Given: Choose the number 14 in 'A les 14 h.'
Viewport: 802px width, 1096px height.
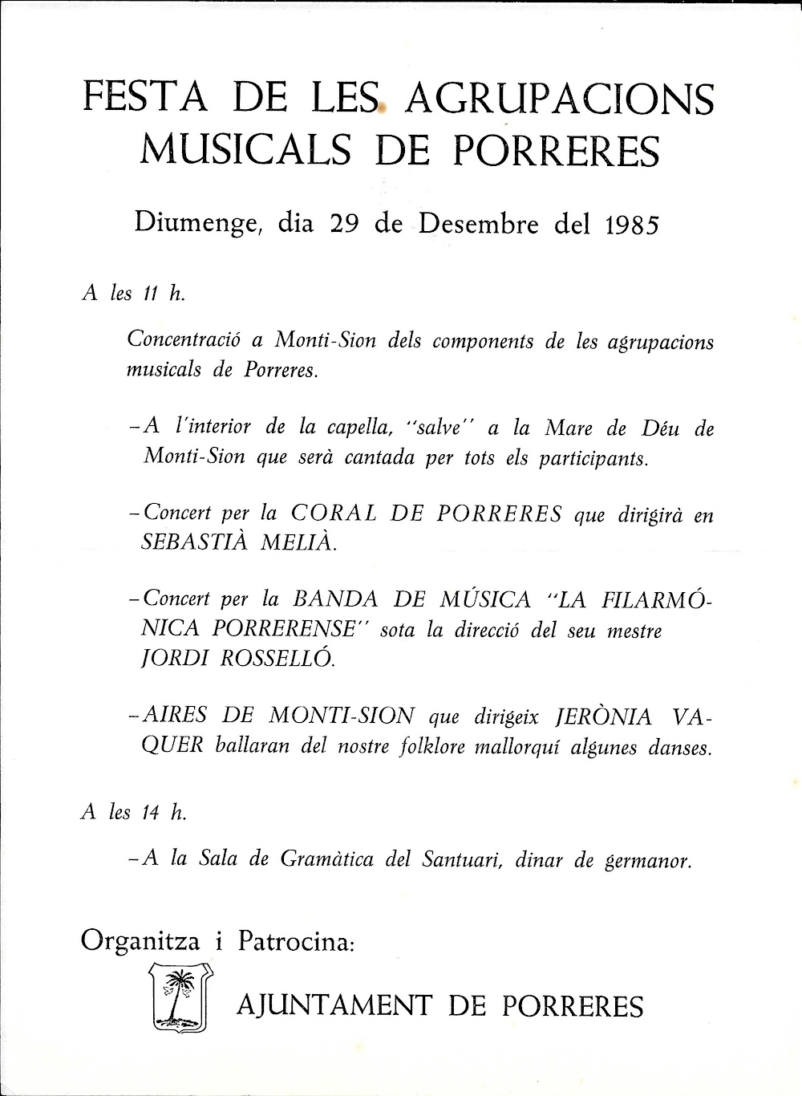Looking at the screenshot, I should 147,812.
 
